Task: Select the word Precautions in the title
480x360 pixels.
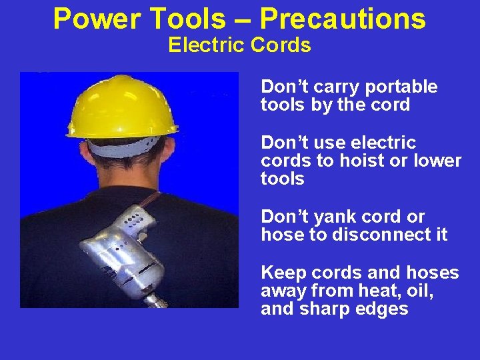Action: click(343, 19)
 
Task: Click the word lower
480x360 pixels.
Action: click(437, 161)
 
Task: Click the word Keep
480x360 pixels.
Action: click(280, 273)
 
